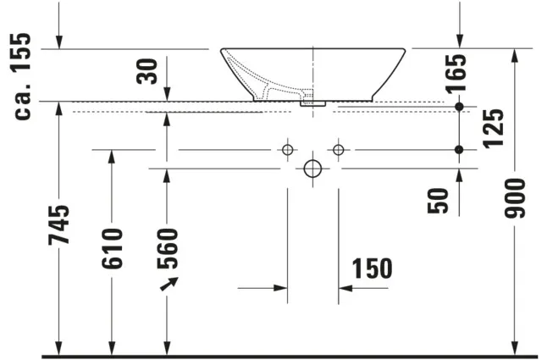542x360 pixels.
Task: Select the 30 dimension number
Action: point(149,70)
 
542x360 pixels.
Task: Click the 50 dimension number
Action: point(439,200)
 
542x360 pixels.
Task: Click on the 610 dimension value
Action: point(112,247)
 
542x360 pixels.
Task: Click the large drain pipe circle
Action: point(312,169)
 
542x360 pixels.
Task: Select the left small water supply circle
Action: point(287,150)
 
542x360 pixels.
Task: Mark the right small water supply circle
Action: point(339,150)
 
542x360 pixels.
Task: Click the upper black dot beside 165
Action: point(459,107)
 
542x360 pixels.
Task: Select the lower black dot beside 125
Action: point(459,150)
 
